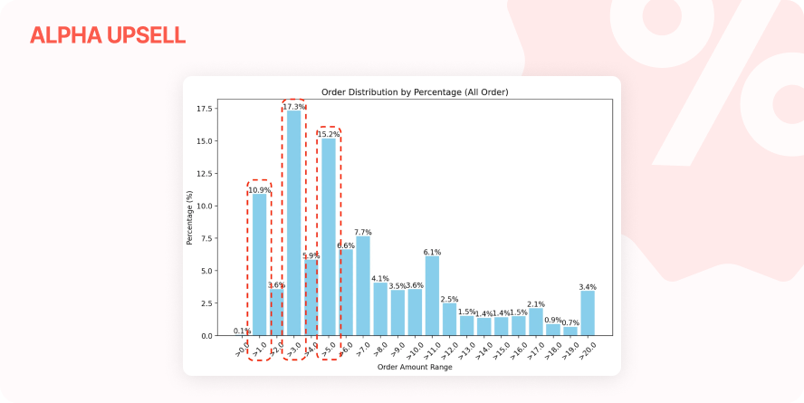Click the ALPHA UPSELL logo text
click(x=107, y=35)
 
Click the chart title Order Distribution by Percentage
click(x=415, y=92)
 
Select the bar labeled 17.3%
click(x=294, y=223)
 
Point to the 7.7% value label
click(x=363, y=232)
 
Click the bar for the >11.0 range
click(x=432, y=296)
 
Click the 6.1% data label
click(x=432, y=252)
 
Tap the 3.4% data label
click(x=588, y=287)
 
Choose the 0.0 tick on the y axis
click(x=207, y=336)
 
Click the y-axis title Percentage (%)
click(x=190, y=218)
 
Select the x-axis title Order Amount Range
click(x=415, y=366)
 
